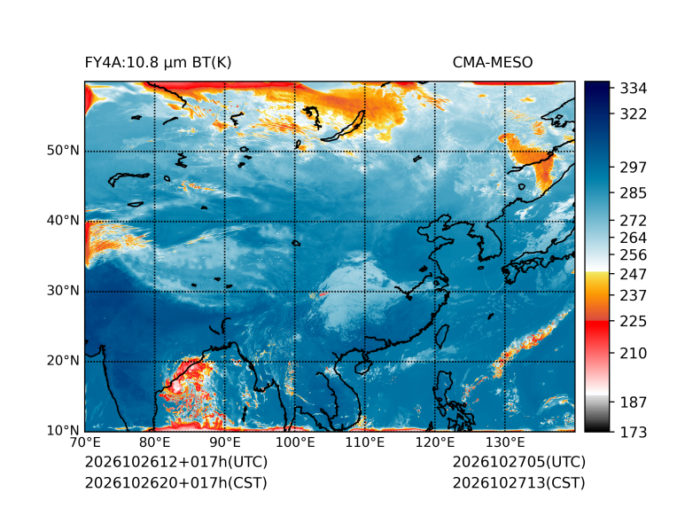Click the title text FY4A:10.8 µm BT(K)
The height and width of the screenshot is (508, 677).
pos(158,63)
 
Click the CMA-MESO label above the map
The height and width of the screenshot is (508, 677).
pos(493,63)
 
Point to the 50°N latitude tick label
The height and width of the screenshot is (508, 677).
pos(63,151)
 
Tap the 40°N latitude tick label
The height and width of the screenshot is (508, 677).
pos(63,220)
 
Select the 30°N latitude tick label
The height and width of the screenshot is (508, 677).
pos(63,290)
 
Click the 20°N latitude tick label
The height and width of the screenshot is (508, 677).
pos(63,360)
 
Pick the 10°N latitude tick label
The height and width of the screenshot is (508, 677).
pos(63,430)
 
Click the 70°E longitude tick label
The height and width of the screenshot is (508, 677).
pos(85,442)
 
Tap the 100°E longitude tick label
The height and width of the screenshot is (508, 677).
pos(295,442)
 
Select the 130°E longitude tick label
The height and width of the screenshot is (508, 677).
pos(505,442)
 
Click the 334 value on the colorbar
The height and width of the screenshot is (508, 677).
pos(634,89)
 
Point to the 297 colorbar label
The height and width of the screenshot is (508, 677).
pos(634,168)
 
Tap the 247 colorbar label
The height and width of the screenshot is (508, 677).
pos(634,274)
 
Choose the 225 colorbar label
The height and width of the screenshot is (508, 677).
pos(634,322)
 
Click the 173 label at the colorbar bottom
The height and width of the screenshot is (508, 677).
pos(634,432)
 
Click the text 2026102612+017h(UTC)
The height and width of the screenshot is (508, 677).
pos(176,462)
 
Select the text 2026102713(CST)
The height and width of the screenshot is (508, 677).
pos(519,483)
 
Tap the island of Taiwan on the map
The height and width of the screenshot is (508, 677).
pos(441,337)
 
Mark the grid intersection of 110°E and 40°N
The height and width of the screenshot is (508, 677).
pos(365,222)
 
